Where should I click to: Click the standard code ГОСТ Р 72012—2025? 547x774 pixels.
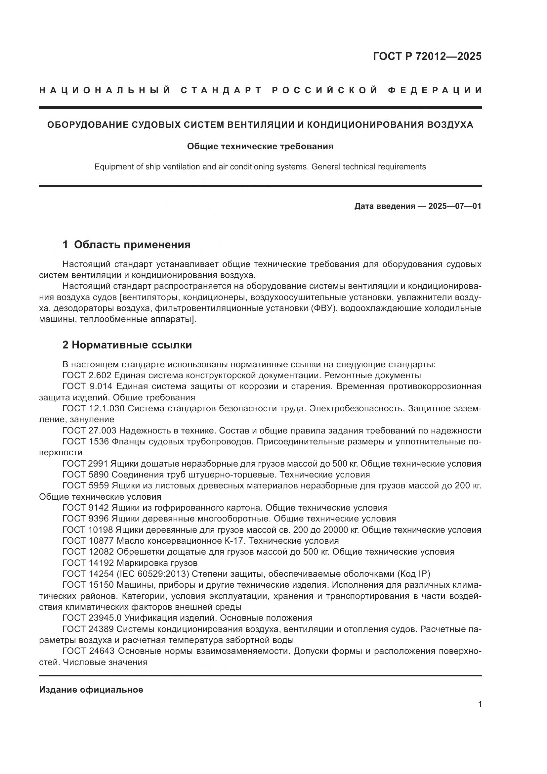coord(427,56)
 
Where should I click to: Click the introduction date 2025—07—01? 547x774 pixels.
coord(455,206)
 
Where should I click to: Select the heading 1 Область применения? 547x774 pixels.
coord(126,245)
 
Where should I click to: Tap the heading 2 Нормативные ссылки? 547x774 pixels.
coord(127,345)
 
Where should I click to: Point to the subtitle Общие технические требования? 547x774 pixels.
coord(260,146)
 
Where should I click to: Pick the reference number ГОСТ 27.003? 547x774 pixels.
coord(89,431)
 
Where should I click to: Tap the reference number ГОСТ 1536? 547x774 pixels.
coord(86,441)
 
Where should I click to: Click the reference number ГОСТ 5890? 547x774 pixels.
coord(86,474)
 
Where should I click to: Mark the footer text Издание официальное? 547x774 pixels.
coord(91,689)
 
